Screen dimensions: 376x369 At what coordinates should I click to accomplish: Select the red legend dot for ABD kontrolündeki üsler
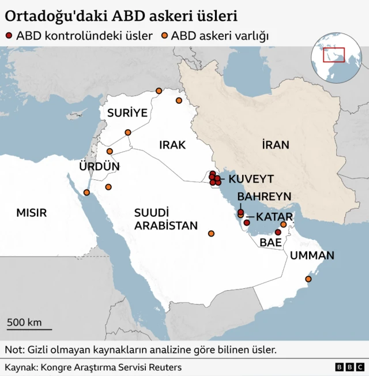tap(9, 36)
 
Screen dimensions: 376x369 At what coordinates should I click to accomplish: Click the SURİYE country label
tap(127, 112)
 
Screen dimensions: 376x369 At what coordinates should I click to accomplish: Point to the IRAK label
tap(172, 145)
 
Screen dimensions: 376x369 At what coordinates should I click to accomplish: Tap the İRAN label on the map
tap(275, 145)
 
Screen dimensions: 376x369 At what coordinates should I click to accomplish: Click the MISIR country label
tap(31, 213)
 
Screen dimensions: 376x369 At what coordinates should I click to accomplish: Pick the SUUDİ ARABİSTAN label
tap(166, 219)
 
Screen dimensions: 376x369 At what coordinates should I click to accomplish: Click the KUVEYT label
tap(251, 179)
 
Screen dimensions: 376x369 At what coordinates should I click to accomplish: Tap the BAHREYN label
tap(264, 197)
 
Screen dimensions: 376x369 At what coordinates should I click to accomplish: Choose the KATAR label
tap(274, 217)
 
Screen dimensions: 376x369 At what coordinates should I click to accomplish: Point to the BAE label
tap(270, 243)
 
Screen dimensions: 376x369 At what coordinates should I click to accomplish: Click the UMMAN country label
tap(312, 255)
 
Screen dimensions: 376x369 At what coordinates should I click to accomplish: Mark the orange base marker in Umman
tap(308, 279)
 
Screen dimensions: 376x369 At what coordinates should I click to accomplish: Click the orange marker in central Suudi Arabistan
tap(211, 234)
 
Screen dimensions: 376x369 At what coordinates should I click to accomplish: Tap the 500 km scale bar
tap(29, 329)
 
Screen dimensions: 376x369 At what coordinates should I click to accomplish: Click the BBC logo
tap(349, 367)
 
